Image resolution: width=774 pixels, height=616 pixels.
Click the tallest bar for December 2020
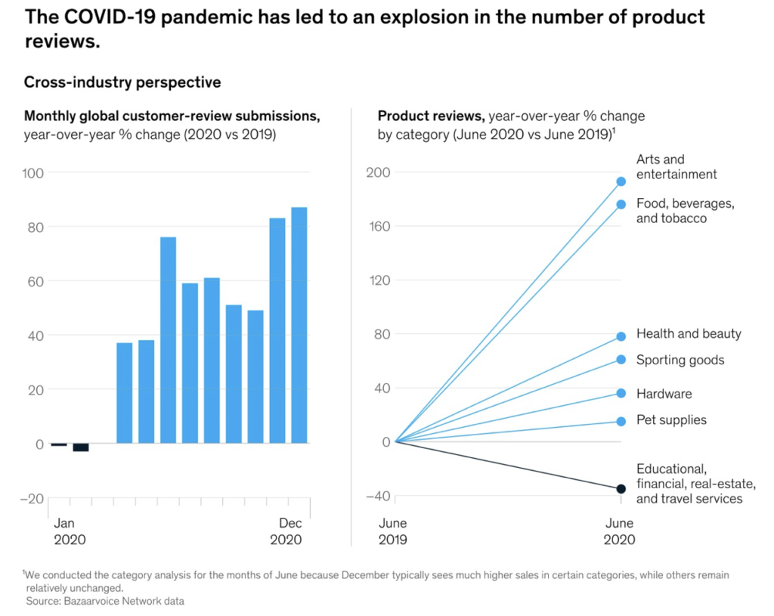(x=299, y=325)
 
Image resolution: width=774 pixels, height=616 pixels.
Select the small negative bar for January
(x=59, y=444)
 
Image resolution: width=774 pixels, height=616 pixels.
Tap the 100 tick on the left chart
(x=34, y=172)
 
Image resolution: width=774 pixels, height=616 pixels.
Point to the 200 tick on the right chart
(x=379, y=172)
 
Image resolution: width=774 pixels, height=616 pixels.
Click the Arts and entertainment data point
(x=621, y=181)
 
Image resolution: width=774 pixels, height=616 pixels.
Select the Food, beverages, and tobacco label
(x=685, y=211)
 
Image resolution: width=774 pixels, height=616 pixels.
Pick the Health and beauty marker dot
(x=621, y=336)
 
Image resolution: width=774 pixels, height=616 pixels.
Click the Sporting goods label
(x=680, y=360)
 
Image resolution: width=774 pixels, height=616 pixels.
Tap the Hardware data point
(x=621, y=393)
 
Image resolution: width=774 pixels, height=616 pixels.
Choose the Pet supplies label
(x=671, y=419)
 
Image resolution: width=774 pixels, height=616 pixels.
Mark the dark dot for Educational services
(x=621, y=489)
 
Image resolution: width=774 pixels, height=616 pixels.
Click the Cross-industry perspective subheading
(x=122, y=82)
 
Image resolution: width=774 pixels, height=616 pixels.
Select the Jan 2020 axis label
(x=69, y=531)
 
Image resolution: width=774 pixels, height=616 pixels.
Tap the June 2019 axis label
(x=392, y=531)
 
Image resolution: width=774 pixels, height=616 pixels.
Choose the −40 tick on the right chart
(x=376, y=496)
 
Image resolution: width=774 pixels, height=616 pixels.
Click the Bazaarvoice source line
(x=105, y=601)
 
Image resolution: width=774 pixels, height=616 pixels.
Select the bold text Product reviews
(x=431, y=116)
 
